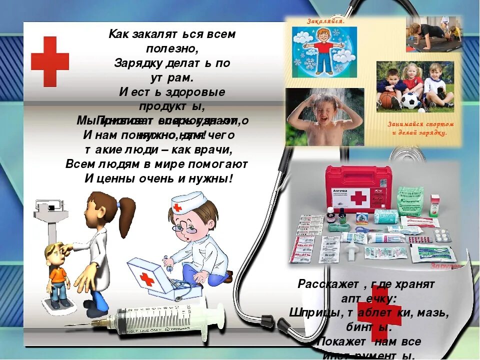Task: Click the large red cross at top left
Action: tap(50, 61)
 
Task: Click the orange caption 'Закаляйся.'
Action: tap(325, 21)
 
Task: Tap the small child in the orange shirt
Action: tap(57, 272)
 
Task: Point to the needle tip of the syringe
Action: tap(67, 325)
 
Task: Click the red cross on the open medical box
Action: tap(146, 279)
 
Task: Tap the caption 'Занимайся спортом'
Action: tap(421, 124)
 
